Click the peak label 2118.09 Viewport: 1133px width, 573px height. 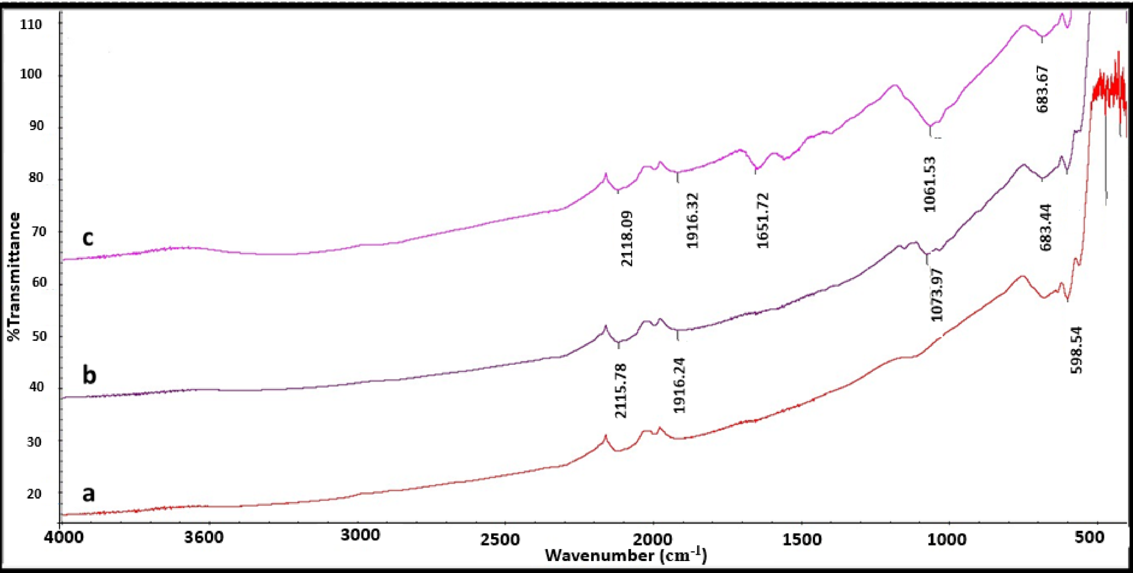click(627, 238)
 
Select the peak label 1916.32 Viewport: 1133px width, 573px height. click(693, 221)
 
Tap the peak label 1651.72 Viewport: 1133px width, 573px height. click(763, 221)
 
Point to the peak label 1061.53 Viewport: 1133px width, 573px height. click(930, 184)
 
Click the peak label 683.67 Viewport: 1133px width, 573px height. click(1042, 89)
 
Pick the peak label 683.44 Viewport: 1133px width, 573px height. click(1046, 227)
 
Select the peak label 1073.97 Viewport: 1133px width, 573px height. click(937, 295)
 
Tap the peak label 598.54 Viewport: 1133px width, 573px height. click(1076, 350)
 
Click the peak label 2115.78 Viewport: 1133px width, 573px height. click(621, 391)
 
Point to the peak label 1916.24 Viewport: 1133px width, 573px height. click(679, 385)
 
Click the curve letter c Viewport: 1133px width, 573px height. click(87, 237)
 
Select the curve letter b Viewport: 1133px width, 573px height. click(89, 375)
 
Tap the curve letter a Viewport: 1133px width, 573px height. click(88, 493)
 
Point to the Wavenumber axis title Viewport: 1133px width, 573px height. click(625, 555)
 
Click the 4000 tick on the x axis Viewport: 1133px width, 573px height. click(60, 537)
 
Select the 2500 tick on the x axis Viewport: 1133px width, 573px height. click(504, 537)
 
